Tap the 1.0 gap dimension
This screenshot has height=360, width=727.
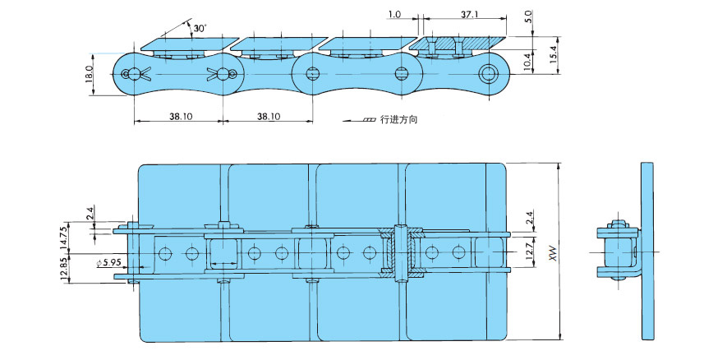(394, 15)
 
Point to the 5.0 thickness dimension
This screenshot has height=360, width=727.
(528, 16)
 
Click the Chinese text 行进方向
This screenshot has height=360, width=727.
(399, 120)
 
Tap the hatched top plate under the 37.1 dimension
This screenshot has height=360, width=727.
(457, 40)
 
